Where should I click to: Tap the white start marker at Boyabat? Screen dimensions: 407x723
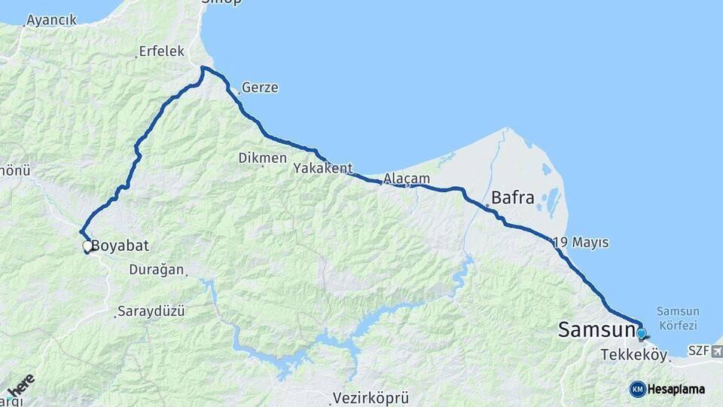(x=87, y=246)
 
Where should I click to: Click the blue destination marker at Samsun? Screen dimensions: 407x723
(x=641, y=333)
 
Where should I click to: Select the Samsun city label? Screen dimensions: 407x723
(x=596, y=329)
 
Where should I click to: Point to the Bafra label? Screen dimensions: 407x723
(x=512, y=199)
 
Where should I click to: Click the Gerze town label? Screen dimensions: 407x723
(x=260, y=87)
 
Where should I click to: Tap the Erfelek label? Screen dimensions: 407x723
(x=161, y=52)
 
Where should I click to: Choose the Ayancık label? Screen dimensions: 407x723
(x=50, y=20)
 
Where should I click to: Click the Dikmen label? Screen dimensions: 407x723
(x=262, y=158)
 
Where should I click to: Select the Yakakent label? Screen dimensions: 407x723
(x=323, y=168)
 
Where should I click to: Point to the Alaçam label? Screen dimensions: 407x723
(x=406, y=179)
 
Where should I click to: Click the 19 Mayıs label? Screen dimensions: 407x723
(x=581, y=243)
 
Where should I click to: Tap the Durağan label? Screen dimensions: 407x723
(x=157, y=269)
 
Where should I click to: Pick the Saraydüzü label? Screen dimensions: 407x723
(x=151, y=311)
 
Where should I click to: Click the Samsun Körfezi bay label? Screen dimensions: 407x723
(x=677, y=318)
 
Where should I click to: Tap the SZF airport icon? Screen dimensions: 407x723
(x=715, y=350)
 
